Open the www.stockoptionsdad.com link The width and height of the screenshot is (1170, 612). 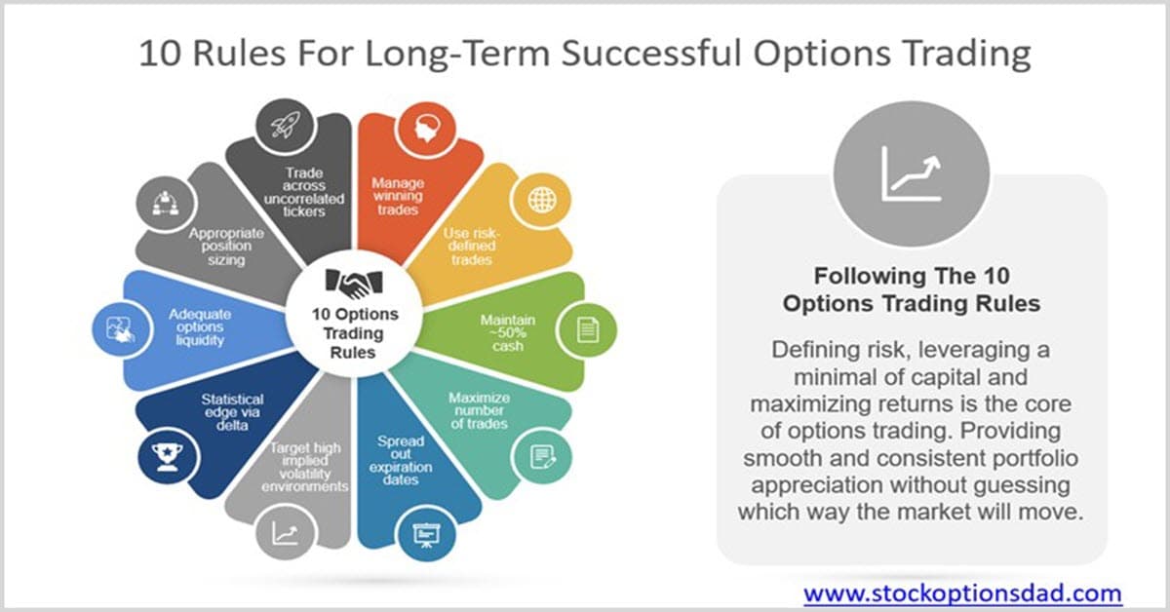click(962, 593)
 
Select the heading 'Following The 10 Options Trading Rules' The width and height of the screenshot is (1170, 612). click(912, 289)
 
